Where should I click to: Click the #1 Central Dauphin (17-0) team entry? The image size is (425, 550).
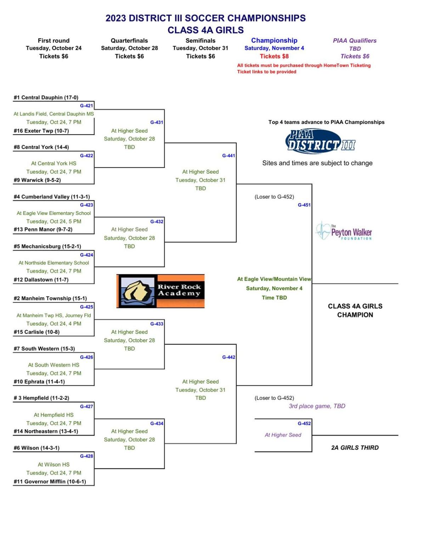[x=46, y=97]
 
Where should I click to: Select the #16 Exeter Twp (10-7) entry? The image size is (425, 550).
[x=41, y=131]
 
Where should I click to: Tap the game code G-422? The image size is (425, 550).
[x=87, y=155]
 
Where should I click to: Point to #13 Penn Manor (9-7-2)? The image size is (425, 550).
[x=43, y=229]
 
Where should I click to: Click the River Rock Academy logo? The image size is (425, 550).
[x=160, y=291]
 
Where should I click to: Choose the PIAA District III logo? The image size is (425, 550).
[x=320, y=142]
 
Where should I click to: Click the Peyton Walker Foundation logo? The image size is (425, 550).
[x=344, y=231]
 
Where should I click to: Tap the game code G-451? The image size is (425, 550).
[x=304, y=205]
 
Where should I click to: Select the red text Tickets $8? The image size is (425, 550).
[x=274, y=56]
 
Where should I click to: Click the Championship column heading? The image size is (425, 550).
[x=274, y=40]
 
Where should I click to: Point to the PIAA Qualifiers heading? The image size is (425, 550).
[x=355, y=40]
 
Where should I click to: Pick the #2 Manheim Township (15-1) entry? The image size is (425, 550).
[x=50, y=298]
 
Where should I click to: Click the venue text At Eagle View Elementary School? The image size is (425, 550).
[x=54, y=213]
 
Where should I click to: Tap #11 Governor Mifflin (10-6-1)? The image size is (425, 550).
[x=50, y=481]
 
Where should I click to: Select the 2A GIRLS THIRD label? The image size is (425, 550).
[x=355, y=447]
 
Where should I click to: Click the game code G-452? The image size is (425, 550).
[x=304, y=423]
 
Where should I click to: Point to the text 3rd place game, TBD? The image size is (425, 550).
[x=317, y=406]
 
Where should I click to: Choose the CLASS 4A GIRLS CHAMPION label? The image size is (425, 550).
[x=355, y=310]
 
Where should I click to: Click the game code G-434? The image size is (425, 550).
[x=157, y=423]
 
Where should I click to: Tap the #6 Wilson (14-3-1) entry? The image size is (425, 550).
[x=36, y=448]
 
